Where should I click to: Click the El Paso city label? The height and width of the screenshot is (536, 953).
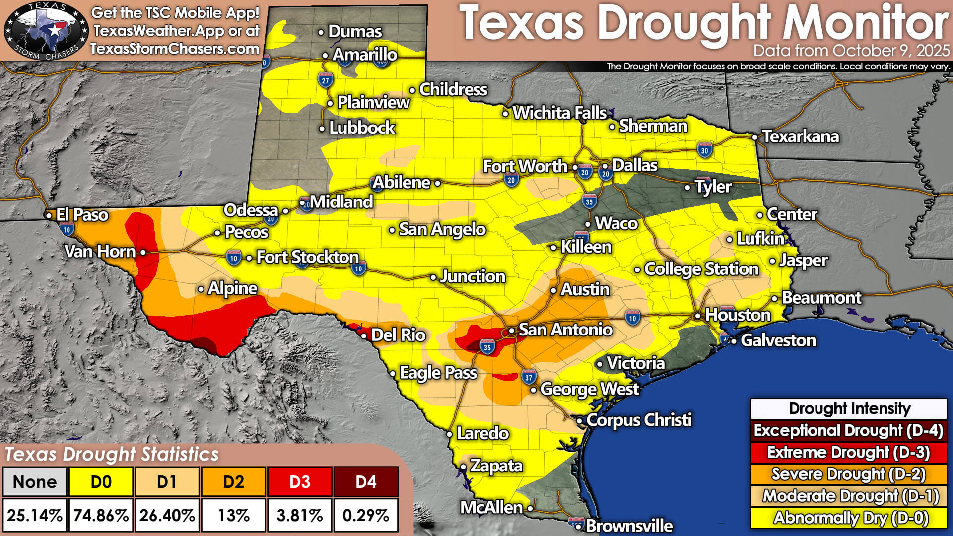pos(82,215)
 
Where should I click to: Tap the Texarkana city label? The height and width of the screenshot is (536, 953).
pos(800,136)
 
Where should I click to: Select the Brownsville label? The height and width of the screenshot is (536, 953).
pos(629,526)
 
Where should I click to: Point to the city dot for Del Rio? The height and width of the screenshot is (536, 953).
pos(364,336)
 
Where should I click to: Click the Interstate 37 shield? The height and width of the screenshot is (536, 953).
pos(529,377)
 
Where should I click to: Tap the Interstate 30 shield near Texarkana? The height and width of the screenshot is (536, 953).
pos(704,150)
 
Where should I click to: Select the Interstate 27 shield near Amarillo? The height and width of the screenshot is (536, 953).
pos(325,80)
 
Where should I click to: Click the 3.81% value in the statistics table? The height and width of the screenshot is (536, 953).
pos(300,515)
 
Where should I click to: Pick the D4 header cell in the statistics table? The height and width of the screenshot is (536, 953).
pos(366,482)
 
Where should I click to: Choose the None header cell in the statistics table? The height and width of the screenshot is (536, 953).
pos(34,482)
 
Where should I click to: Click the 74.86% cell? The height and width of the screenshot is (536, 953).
pos(101,515)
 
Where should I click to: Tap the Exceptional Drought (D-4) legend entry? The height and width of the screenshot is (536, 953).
pos(848,430)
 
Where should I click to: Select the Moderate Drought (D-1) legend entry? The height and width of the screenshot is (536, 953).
pos(848,496)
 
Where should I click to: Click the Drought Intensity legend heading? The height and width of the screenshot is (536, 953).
pos(849,409)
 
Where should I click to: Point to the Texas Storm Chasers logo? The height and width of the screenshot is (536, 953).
pos(46,31)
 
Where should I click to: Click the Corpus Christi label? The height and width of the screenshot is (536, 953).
pos(638,420)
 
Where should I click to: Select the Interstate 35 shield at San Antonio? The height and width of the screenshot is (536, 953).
pos(487,347)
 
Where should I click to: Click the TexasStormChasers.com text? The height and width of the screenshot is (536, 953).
pos(175,49)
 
